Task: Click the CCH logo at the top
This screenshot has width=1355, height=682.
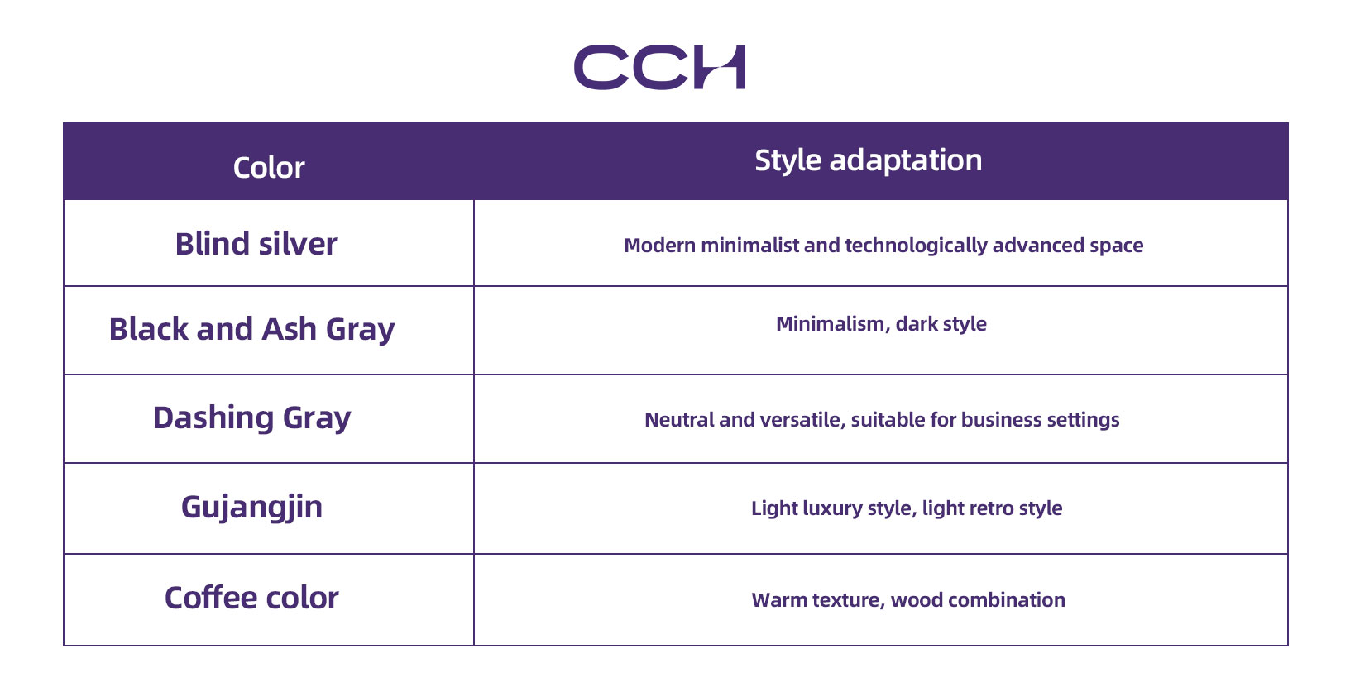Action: pyautogui.click(x=659, y=67)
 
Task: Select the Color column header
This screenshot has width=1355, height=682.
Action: pyautogui.click(x=269, y=168)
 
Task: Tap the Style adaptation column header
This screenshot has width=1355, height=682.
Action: pyautogui.click(x=868, y=161)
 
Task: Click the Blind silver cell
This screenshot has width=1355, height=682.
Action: pyautogui.click(x=256, y=244)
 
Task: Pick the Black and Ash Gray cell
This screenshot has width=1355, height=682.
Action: pyautogui.click(x=251, y=330)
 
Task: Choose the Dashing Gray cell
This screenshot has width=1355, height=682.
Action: pyautogui.click(x=251, y=418)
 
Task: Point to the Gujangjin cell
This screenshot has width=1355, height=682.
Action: pyautogui.click(x=251, y=508)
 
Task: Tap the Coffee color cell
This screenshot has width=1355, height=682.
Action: pyautogui.click(x=251, y=598)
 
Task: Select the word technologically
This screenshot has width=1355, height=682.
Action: pyautogui.click(x=916, y=246)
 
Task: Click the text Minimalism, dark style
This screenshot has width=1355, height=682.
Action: pyautogui.click(x=881, y=325)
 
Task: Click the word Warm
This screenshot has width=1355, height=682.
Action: pyautogui.click(x=779, y=600)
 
